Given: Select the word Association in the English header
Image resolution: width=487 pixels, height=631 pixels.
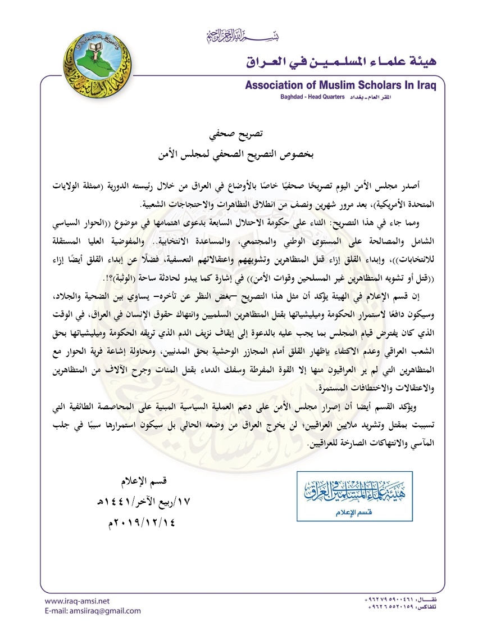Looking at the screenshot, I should (272, 85).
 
